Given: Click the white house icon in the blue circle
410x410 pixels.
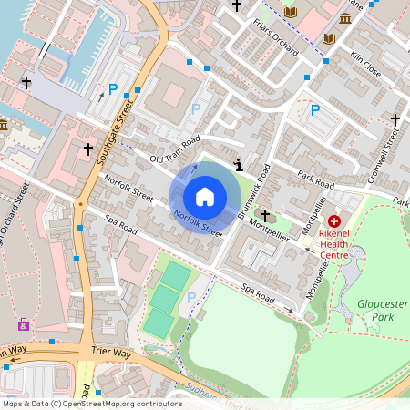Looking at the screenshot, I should click(x=205, y=196).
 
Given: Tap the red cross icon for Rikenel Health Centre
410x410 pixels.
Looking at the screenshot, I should click(x=334, y=221).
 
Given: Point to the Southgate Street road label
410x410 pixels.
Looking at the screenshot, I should click(x=110, y=133).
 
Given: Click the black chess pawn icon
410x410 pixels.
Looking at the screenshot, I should click(x=239, y=165).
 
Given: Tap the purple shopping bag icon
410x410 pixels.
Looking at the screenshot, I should click(x=23, y=323).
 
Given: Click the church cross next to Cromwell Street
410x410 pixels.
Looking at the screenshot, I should click(x=395, y=119).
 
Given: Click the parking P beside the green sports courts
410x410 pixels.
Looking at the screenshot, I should click(x=190, y=297).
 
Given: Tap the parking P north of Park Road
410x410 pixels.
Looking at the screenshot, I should click(x=315, y=110).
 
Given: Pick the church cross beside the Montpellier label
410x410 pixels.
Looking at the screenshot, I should click(x=265, y=215).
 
